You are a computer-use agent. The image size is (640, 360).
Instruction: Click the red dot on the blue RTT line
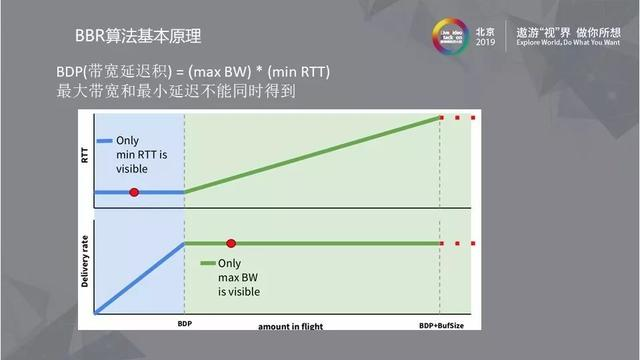(x=134, y=191)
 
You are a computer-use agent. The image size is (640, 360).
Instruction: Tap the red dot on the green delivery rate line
(x=231, y=243)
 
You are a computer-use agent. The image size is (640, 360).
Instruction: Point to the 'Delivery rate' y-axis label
(x=85, y=266)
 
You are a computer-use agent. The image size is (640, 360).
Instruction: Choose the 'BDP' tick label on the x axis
(x=184, y=326)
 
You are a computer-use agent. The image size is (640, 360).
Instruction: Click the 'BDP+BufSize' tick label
(x=440, y=326)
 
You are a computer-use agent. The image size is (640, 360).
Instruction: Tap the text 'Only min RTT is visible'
(x=139, y=155)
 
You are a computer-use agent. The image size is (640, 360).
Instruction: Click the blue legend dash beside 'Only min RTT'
(x=102, y=141)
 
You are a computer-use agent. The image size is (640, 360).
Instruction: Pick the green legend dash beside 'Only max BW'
(x=207, y=263)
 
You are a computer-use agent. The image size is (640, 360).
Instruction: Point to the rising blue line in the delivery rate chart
(x=140, y=277)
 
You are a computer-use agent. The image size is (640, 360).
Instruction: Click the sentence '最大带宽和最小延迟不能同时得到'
(x=175, y=92)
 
